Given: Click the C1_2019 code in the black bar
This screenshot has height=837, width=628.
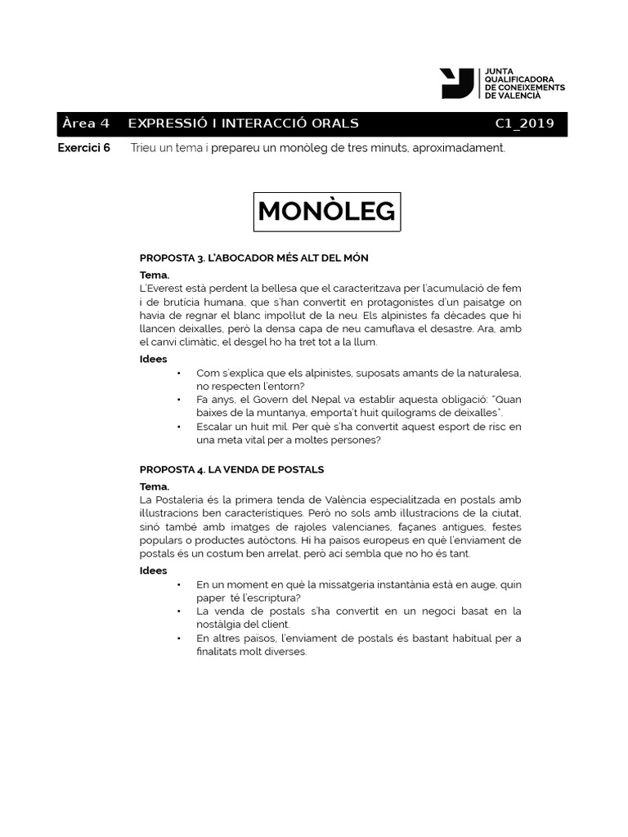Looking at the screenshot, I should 524,124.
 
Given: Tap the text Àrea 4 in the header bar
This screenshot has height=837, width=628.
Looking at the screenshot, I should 85,124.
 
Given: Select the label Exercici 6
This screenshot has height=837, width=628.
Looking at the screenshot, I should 83,148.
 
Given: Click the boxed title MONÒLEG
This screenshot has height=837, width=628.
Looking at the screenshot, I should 326,211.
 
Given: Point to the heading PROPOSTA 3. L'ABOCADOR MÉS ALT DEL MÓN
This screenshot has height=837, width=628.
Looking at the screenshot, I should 253,257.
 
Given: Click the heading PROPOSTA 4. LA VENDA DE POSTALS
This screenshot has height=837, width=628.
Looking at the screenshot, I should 231,469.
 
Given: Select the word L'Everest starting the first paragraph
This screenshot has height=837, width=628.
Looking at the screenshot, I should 160,289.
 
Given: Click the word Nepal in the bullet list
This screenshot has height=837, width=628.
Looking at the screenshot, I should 297,400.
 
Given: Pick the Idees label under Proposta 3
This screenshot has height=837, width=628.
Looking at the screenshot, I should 153,359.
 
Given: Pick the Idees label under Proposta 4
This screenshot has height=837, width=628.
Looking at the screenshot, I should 153,571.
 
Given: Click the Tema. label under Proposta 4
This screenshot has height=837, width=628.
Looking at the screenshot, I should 155,486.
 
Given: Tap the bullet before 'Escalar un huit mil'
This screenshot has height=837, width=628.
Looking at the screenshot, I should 179,427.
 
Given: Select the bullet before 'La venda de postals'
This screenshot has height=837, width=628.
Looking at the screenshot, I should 179,611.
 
